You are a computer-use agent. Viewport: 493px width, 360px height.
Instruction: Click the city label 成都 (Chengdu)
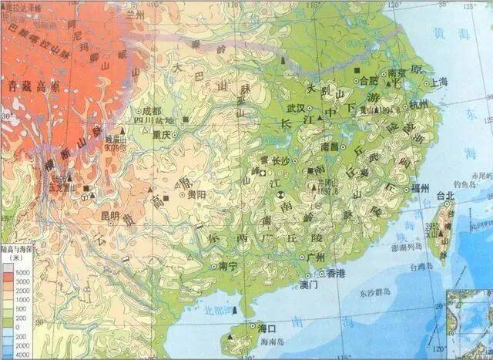[x=151, y=109]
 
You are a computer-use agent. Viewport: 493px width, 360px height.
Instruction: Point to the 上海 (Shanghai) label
[x=419, y=80]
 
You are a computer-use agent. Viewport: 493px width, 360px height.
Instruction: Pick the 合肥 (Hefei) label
[x=370, y=80]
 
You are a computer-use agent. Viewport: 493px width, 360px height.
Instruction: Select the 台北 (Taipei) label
[x=445, y=196]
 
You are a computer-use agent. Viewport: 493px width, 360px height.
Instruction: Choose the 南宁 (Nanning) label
[x=229, y=266]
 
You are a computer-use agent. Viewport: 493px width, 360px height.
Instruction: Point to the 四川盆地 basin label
[x=156, y=120]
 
